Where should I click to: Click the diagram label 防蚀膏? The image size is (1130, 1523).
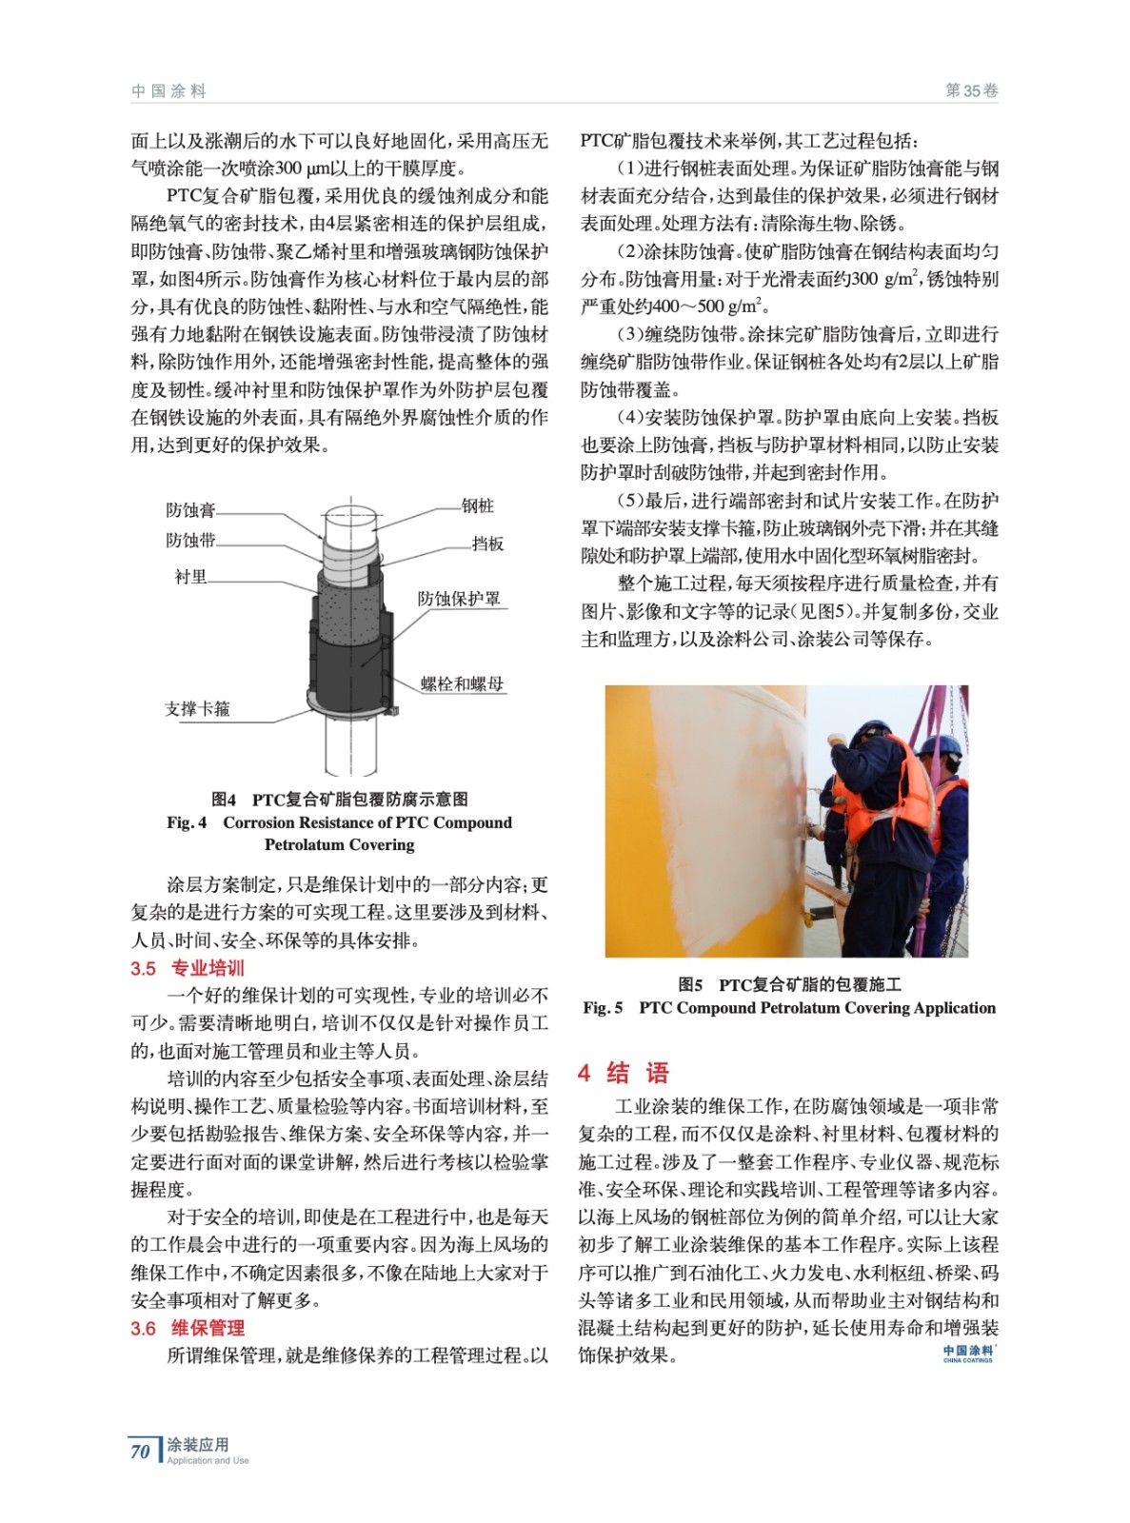(190, 510)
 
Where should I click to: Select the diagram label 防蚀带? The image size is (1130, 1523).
(190, 541)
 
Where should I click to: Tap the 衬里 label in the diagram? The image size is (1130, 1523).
(190, 577)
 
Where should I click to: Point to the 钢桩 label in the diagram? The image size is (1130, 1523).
(478, 506)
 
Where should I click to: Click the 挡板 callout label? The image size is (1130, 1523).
(487, 544)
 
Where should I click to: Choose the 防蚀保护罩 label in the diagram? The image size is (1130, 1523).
(459, 599)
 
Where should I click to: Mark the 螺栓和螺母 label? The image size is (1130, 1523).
(462, 683)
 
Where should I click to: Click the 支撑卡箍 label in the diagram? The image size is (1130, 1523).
(197, 709)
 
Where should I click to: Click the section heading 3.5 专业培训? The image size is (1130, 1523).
(188, 968)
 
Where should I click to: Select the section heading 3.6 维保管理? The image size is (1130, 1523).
(188, 1328)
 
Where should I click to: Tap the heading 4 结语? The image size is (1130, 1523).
(624, 1073)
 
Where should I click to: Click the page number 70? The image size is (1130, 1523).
(140, 1452)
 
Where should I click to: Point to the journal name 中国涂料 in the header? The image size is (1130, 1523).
(169, 91)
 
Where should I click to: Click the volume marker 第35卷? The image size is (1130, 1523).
(971, 91)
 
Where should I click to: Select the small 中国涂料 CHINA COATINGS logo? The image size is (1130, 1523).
(968, 1354)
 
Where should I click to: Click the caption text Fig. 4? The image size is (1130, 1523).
(187, 822)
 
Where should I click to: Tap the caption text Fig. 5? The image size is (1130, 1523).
(603, 1008)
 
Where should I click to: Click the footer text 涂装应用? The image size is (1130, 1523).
(198, 1445)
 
